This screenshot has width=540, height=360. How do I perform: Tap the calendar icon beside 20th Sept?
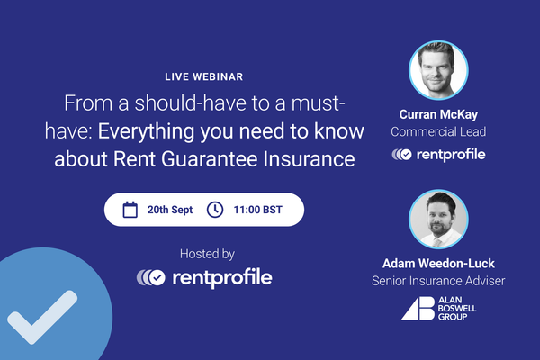pyautogui.click(x=130, y=210)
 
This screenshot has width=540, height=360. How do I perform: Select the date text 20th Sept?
pyautogui.click(x=171, y=210)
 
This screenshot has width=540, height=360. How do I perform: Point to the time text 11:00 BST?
pyautogui.click(x=258, y=210)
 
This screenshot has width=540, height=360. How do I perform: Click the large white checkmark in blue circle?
pyautogui.click(x=38, y=319)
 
